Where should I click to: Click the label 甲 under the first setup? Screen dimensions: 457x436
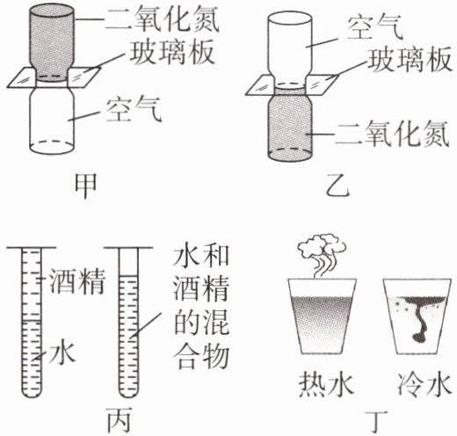(x=85, y=186)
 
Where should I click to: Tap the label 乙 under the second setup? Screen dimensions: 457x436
(x=337, y=187)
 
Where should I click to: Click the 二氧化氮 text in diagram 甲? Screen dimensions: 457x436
(x=163, y=18)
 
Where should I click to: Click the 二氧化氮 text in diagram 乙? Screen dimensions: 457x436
(x=393, y=134)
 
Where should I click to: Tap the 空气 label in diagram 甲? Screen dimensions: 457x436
(x=134, y=110)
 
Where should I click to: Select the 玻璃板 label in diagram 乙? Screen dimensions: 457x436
(x=410, y=61)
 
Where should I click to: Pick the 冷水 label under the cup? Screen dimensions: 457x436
(x=424, y=385)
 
